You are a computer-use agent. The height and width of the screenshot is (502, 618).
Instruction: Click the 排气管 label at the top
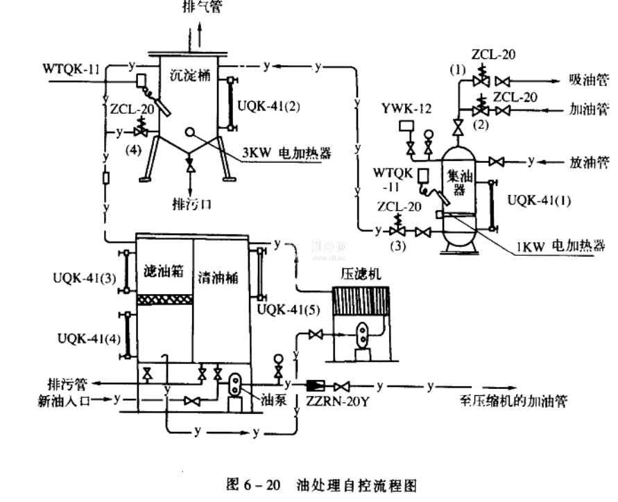click(202, 8)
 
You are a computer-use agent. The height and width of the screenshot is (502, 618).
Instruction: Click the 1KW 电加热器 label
click(567, 245)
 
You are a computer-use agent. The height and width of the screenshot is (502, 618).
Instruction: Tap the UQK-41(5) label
click(283, 309)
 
